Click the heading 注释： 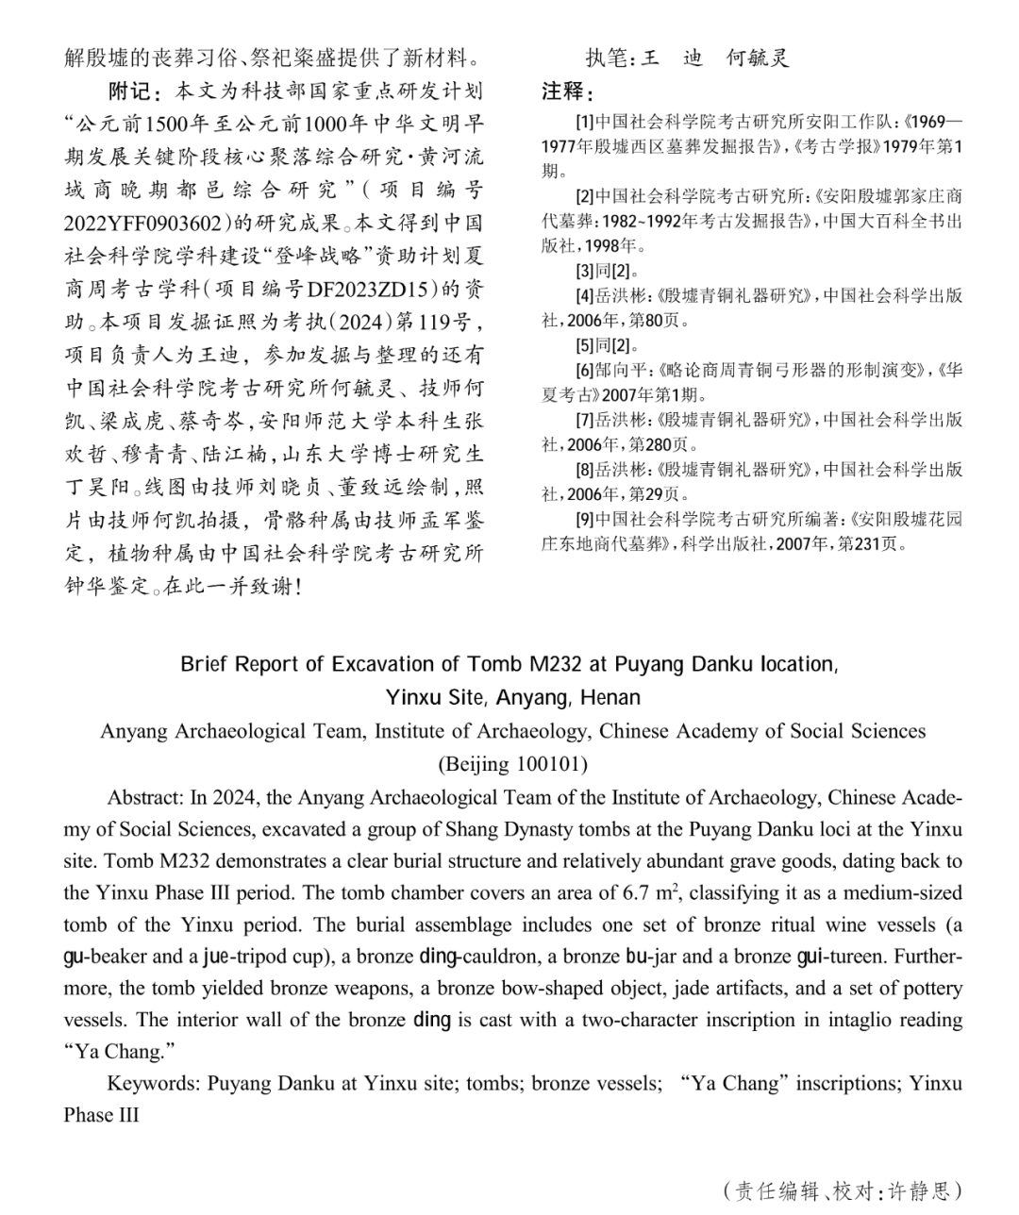[567, 92]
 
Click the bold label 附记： [136, 92]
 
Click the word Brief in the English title [204, 664]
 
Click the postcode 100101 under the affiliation [543, 763]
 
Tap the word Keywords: [154, 1083]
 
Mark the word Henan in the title [609, 698]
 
